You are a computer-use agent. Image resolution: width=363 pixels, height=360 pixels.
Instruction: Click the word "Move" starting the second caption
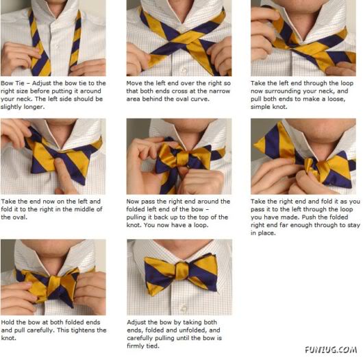[x=135, y=82]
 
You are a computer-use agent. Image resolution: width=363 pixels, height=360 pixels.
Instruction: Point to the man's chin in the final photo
[x=179, y=244]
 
